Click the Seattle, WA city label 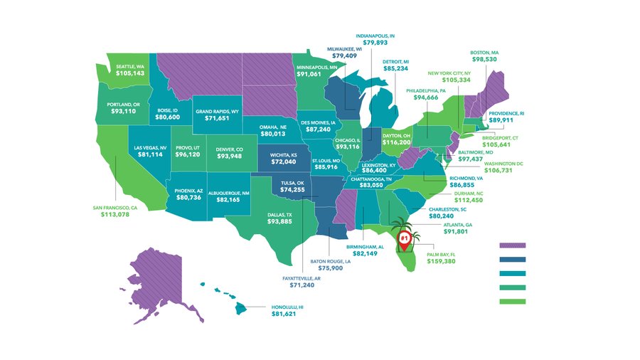tap(130, 67)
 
